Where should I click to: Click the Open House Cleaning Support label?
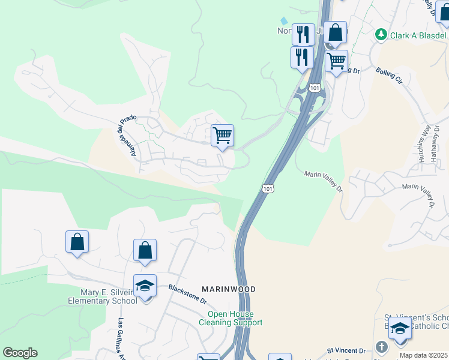tap(231, 319)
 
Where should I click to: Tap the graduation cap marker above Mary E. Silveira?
tap(145, 286)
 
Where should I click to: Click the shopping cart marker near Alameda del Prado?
tap(222, 136)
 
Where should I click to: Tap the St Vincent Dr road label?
tap(346, 350)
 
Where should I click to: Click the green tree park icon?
tap(381, 35)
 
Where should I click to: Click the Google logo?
tap(19, 353)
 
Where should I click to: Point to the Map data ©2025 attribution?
tap(424, 355)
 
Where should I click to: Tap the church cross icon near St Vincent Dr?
tap(381, 347)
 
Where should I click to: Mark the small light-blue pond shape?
tap(284, 22)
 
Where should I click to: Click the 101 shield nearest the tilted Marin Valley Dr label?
tap(268, 188)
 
